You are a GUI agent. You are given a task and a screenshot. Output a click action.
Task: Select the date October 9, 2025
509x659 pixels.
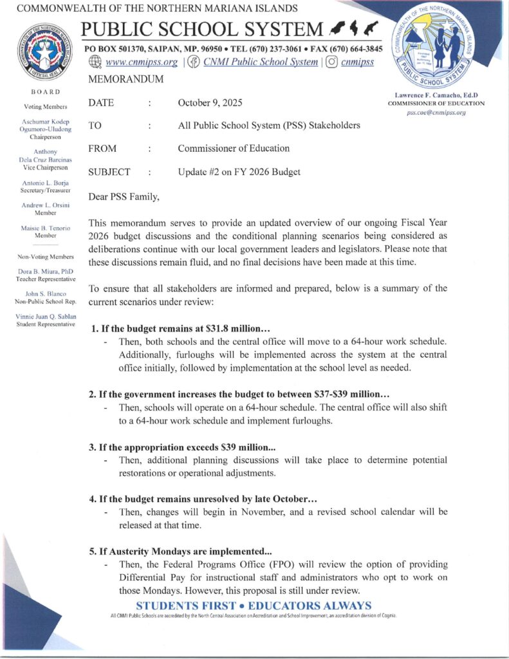click(210, 103)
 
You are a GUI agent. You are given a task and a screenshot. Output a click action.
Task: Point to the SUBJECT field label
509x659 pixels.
click(109, 172)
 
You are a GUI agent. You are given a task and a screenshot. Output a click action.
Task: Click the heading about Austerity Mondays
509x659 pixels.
click(180, 552)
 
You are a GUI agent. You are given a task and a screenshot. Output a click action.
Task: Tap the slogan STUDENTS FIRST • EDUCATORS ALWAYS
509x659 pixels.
click(254, 606)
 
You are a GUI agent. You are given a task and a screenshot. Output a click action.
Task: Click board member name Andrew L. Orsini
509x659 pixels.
click(45, 205)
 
